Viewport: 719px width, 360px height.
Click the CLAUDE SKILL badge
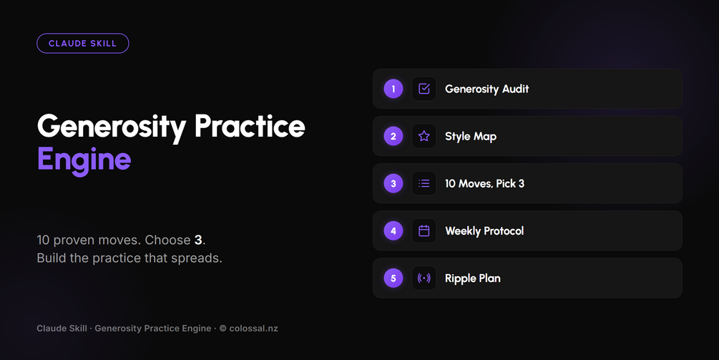pyautogui.click(x=82, y=44)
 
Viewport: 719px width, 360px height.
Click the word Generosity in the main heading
pyautogui.click(x=112, y=127)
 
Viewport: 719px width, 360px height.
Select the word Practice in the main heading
pyautogui.click(x=250, y=126)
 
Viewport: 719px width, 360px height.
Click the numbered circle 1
pyautogui.click(x=393, y=89)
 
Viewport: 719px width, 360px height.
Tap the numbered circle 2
pyautogui.click(x=393, y=136)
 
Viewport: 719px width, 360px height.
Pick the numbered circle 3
pyautogui.click(x=393, y=183)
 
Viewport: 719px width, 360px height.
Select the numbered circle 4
pyautogui.click(x=393, y=230)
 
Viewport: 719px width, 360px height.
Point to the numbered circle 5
pyautogui.click(x=393, y=278)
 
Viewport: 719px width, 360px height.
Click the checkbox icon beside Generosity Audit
pyautogui.click(x=424, y=89)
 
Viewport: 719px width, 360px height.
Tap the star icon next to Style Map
pyautogui.click(x=424, y=136)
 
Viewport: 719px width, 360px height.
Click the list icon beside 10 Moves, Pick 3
pyautogui.click(x=424, y=183)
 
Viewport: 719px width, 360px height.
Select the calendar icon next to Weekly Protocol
pyautogui.click(x=424, y=230)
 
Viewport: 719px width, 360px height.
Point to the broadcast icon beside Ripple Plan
pyautogui.click(x=424, y=278)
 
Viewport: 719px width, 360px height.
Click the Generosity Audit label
pyautogui.click(x=487, y=89)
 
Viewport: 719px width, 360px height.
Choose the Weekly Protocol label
pyautogui.click(x=484, y=230)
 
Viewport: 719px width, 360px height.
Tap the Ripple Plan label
pyautogui.click(x=473, y=278)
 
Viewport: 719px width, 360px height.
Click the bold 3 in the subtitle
pyautogui.click(x=198, y=240)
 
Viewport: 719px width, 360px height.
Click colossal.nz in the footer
pyautogui.click(x=253, y=329)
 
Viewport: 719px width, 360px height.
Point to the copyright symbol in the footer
pyautogui.click(x=222, y=329)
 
